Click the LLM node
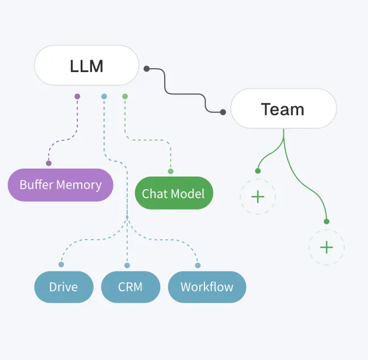pyautogui.click(x=86, y=66)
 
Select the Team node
pyautogui.click(x=283, y=108)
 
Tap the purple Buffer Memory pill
pyautogui.click(x=60, y=185)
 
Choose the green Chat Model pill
pyautogui.click(x=173, y=193)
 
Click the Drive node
pyautogui.click(x=64, y=287)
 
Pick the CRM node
pyautogui.click(x=130, y=287)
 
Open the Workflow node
pyautogui.click(x=207, y=287)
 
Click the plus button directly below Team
pyautogui.click(x=258, y=196)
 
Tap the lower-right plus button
pyautogui.click(x=327, y=248)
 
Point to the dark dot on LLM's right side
pyautogui.click(x=147, y=69)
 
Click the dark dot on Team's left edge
pyautogui.click(x=223, y=112)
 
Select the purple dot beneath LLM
pyautogui.click(x=77, y=97)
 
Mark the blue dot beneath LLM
pyautogui.click(x=104, y=97)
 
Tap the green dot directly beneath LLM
pyautogui.click(x=125, y=97)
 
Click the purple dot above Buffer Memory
pyautogui.click(x=49, y=164)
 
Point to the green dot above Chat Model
pyautogui.click(x=170, y=171)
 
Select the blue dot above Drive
pyautogui.click(x=61, y=264)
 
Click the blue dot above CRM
pyautogui.click(x=127, y=265)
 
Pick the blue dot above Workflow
pyautogui.click(x=198, y=265)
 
